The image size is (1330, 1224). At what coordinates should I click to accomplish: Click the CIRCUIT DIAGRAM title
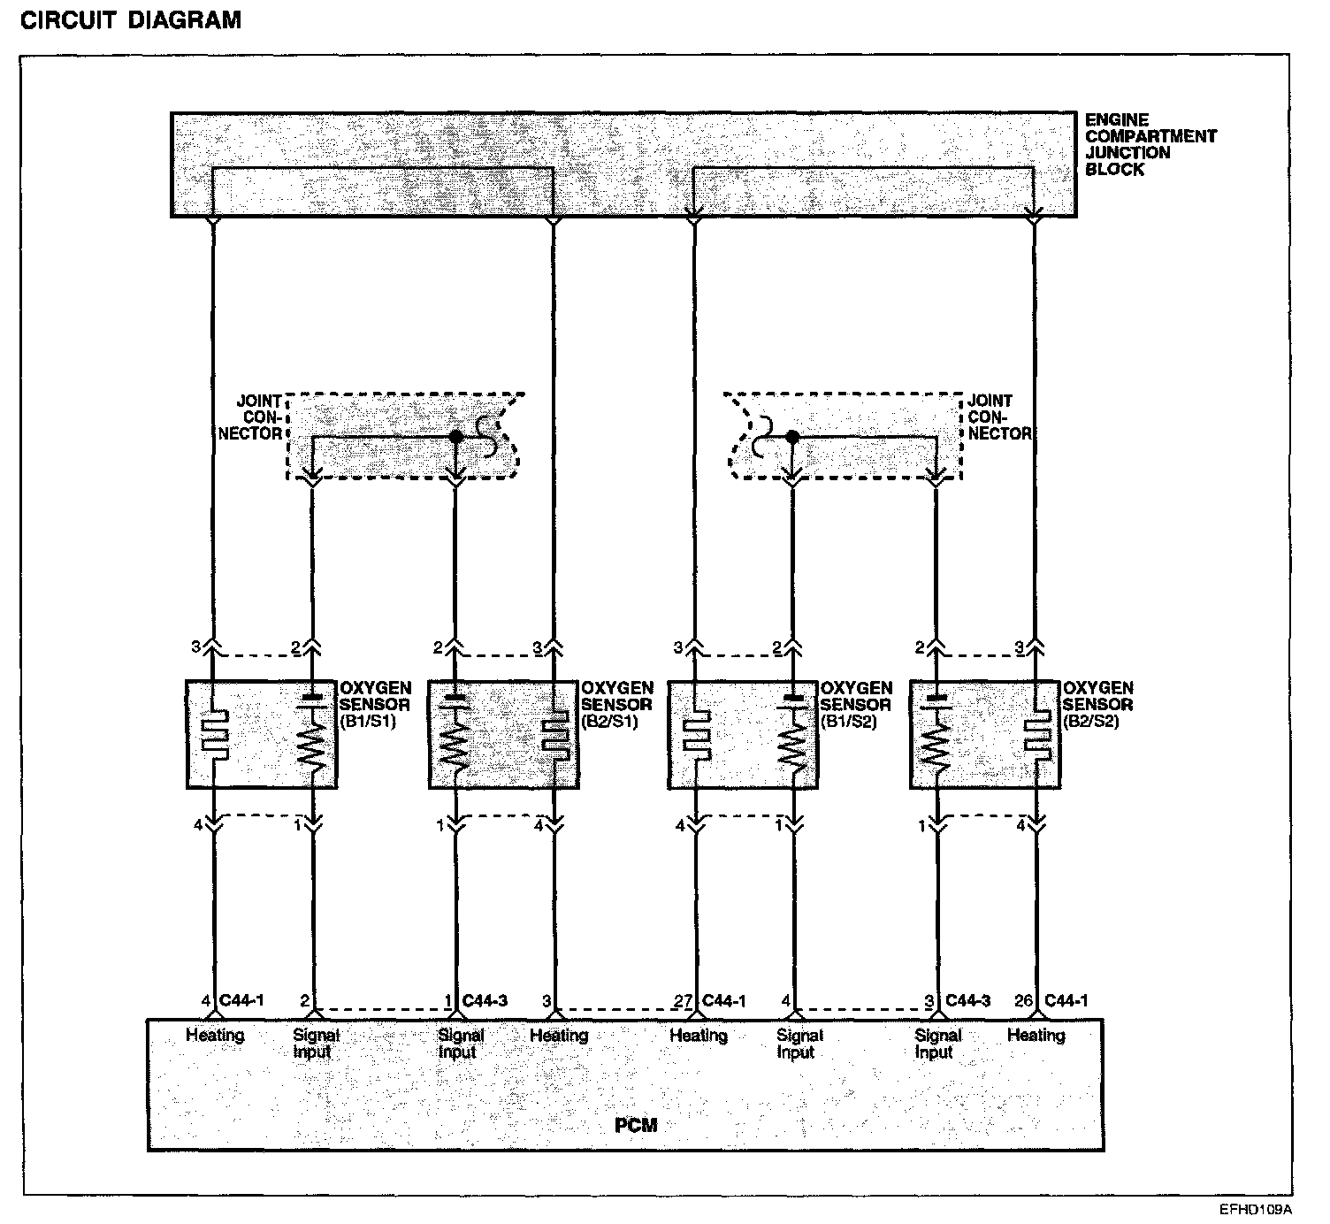click(130, 20)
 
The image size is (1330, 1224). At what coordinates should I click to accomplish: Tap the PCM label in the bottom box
click(636, 1126)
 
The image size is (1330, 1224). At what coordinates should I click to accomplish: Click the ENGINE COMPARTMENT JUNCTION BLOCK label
click(1150, 144)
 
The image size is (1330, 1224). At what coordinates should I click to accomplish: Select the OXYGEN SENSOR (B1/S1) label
click(375, 704)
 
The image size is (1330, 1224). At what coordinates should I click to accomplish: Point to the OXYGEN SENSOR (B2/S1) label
click(616, 704)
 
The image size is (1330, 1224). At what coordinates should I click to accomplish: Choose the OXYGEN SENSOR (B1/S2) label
click(855, 704)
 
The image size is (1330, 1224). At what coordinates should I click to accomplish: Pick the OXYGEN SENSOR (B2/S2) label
click(1097, 704)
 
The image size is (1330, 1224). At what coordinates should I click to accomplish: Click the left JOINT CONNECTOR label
click(258, 417)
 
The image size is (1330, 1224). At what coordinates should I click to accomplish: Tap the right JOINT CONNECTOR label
click(999, 417)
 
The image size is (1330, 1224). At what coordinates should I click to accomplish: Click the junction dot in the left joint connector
click(455, 437)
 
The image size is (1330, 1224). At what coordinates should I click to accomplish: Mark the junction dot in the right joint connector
click(792, 437)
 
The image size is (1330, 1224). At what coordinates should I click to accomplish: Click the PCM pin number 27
click(683, 1001)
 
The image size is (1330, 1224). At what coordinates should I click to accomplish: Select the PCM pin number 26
click(1023, 1001)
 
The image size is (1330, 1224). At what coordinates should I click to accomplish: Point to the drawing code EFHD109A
click(1255, 1209)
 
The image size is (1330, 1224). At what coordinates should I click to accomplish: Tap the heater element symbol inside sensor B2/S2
click(1036, 734)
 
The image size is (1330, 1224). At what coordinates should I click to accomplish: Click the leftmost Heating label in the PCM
click(214, 1035)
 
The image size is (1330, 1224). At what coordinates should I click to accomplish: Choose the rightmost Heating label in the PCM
click(1036, 1035)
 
